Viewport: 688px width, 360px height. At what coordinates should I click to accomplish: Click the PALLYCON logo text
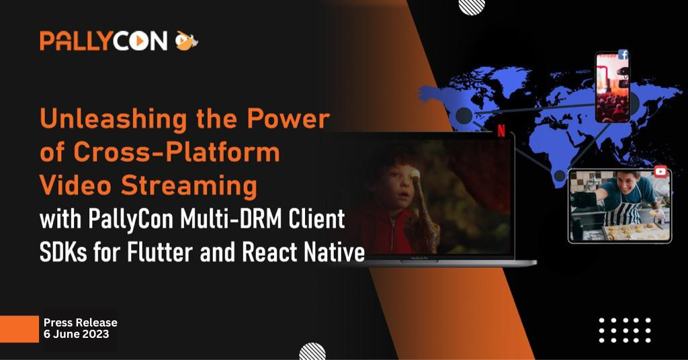click(103, 41)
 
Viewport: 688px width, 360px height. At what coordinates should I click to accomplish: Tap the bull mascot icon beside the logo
click(187, 41)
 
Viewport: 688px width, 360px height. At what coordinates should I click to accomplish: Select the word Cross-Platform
click(177, 152)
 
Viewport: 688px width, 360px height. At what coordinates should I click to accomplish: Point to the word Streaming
click(189, 186)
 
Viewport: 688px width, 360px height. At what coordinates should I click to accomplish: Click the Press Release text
click(81, 322)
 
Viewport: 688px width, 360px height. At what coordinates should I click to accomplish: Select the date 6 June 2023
click(76, 334)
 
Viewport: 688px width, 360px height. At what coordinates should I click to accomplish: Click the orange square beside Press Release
click(19, 329)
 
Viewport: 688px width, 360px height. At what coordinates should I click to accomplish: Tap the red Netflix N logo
click(501, 130)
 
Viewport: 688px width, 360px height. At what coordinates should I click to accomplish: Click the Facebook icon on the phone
click(623, 55)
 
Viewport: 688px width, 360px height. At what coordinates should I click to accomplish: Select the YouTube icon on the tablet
click(660, 171)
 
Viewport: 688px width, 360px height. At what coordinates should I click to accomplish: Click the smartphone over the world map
click(613, 87)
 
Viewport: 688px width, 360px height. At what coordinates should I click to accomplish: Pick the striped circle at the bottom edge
click(312, 352)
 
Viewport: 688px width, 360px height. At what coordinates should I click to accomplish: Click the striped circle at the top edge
click(472, 7)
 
